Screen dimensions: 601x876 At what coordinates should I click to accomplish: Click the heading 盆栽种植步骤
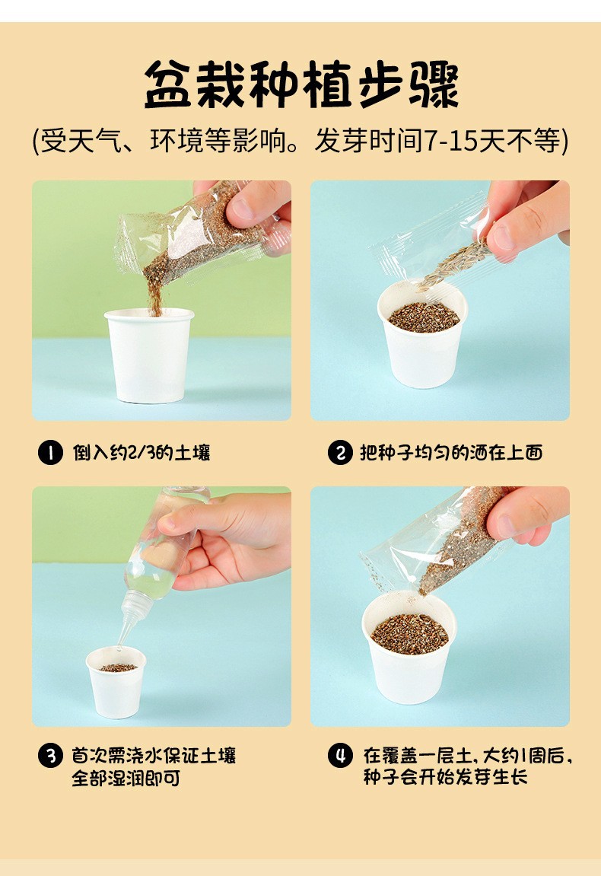point(301,84)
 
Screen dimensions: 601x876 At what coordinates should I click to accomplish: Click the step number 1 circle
point(50,453)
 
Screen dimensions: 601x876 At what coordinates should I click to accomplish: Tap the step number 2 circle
point(339,453)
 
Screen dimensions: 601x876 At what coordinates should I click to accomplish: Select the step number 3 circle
point(50,756)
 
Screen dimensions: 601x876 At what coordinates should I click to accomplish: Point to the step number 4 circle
point(339,756)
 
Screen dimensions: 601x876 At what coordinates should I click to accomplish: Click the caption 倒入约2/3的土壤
point(142,453)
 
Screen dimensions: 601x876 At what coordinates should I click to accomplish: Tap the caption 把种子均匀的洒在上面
point(451,453)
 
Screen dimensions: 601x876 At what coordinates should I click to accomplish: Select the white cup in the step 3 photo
point(116,682)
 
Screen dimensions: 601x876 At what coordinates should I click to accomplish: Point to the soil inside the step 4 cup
point(409,634)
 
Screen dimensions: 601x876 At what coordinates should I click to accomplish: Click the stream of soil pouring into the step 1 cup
point(154,295)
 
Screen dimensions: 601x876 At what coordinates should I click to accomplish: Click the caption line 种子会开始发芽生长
point(446,777)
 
